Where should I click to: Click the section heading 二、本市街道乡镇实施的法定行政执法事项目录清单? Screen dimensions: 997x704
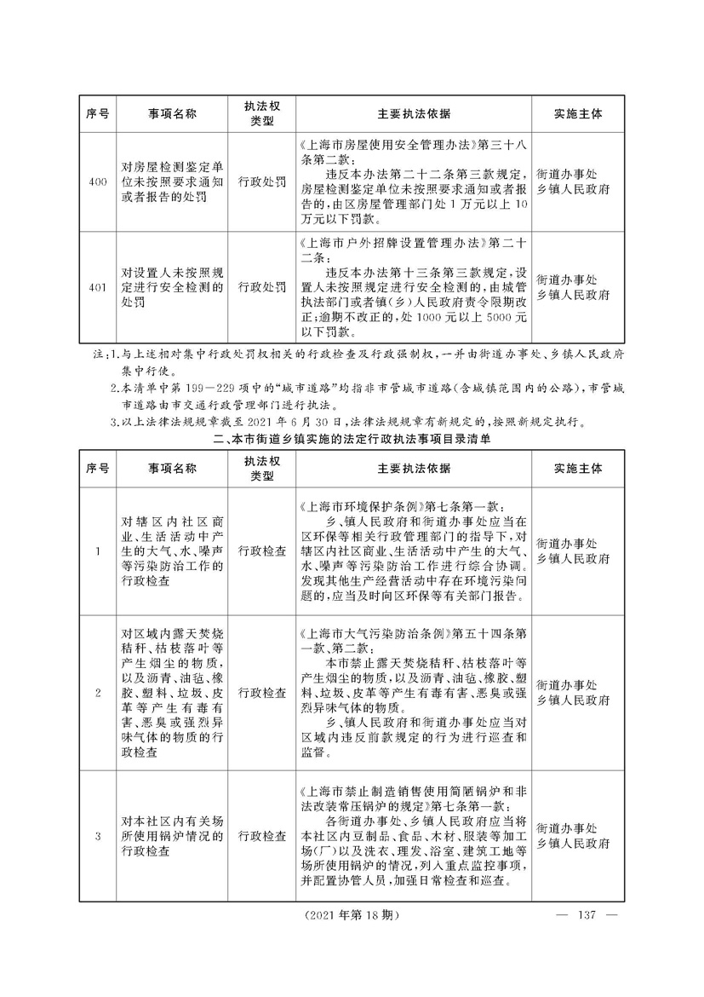click(x=352, y=440)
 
